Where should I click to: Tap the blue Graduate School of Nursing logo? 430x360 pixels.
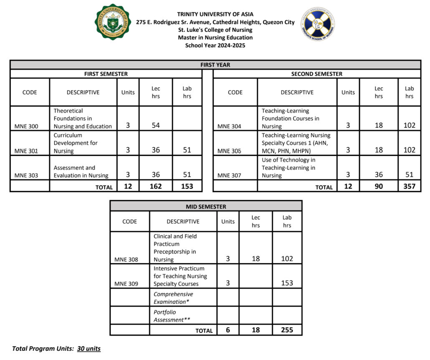[x=318, y=24]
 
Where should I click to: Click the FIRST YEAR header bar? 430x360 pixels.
[x=215, y=65]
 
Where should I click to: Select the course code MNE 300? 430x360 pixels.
[x=26, y=126]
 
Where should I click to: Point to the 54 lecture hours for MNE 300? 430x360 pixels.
[x=156, y=126]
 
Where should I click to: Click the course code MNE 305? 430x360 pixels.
[x=229, y=151]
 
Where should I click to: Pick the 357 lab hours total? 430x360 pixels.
[x=409, y=186]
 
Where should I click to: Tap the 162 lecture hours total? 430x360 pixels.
[x=156, y=186]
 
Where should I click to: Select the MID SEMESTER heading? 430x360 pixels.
[x=206, y=206]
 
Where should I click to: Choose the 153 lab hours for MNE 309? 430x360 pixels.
[x=287, y=283]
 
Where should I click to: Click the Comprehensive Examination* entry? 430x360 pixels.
[x=173, y=298]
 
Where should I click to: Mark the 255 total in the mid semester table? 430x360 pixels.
[x=287, y=330]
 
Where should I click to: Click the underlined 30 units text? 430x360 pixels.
[x=89, y=348]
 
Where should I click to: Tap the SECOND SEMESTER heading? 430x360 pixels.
[x=316, y=74]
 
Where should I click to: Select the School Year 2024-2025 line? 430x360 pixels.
[x=215, y=45]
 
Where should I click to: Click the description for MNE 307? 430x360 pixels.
[x=288, y=168]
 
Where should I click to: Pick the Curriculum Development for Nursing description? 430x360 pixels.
[x=76, y=143]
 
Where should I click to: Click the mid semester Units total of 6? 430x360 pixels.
[x=228, y=330]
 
